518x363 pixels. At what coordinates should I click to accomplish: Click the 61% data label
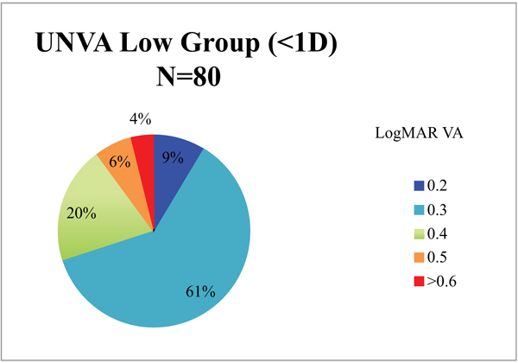(199, 290)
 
